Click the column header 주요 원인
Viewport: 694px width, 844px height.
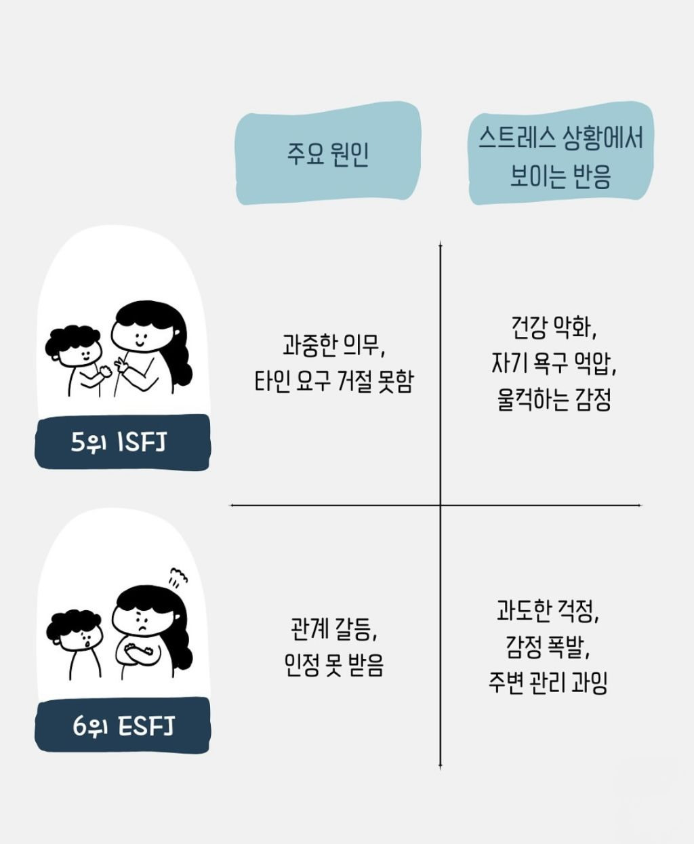tap(328, 155)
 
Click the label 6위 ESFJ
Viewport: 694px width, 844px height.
tap(123, 726)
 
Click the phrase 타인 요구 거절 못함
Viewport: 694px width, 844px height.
tap(333, 381)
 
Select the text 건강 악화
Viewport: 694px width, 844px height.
tap(554, 329)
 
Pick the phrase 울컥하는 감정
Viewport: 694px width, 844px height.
tap(554, 400)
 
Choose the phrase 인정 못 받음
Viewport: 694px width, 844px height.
tap(333, 665)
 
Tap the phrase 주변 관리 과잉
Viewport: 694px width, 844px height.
tap(548, 683)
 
